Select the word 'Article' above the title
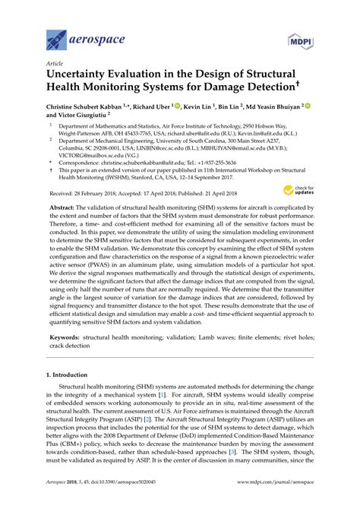click(x=55, y=65)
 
